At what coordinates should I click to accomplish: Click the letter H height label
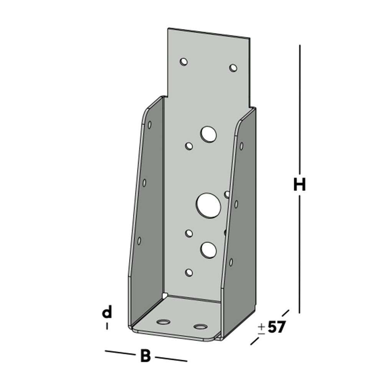click(299, 185)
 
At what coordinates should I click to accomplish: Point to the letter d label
click(107, 313)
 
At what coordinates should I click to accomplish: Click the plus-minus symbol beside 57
click(262, 328)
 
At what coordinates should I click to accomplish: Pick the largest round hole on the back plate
click(209, 204)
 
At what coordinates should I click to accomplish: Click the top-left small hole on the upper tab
click(184, 61)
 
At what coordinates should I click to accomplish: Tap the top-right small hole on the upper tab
click(233, 68)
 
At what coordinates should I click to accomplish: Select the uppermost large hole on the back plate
click(208, 134)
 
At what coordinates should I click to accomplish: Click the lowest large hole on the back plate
click(208, 250)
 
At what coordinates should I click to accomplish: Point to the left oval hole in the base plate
click(164, 321)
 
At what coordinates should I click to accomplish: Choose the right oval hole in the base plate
click(200, 327)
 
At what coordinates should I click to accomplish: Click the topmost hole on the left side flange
click(149, 124)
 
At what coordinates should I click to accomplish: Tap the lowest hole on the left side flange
click(139, 241)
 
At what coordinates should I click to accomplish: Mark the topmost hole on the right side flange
click(242, 146)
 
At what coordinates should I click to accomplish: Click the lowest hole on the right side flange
click(231, 262)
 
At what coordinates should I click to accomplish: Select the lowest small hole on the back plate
click(189, 272)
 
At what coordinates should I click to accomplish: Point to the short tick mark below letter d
click(107, 326)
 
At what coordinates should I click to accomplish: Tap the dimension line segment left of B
click(120, 352)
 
